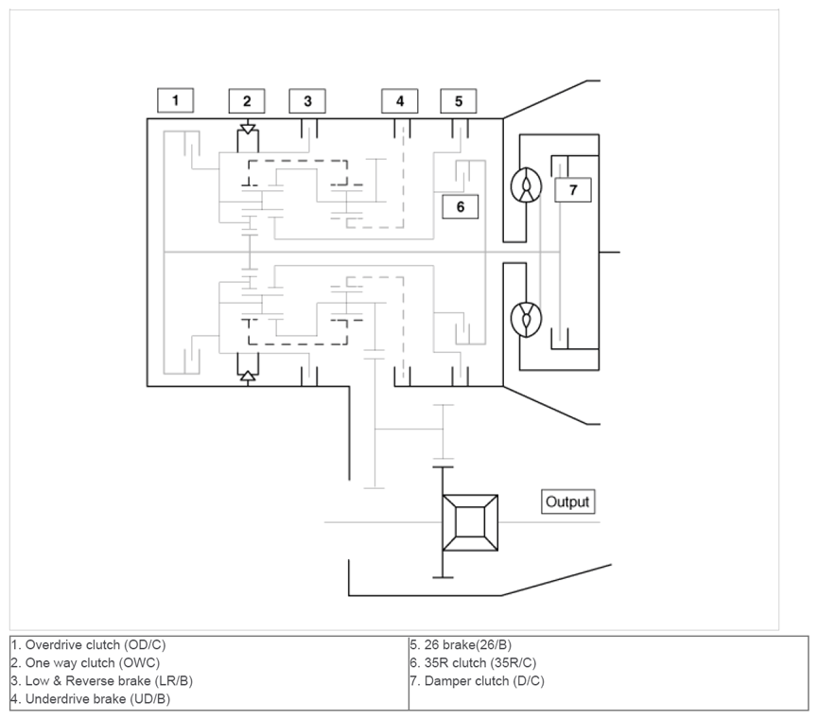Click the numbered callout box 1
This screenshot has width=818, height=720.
click(x=175, y=100)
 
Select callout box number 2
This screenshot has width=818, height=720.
click(x=247, y=101)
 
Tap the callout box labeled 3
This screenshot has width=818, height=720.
click(x=307, y=101)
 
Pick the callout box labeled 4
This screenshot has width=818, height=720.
click(x=400, y=101)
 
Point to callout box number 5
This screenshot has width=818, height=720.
click(x=459, y=101)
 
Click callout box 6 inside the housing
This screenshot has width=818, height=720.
click(x=461, y=207)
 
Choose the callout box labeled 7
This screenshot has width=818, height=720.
click(x=573, y=189)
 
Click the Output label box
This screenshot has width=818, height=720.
click(x=567, y=501)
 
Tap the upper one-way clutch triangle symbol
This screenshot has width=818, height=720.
click(x=249, y=129)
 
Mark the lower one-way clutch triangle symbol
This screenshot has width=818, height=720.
click(x=249, y=376)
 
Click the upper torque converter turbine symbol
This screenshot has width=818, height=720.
click(x=526, y=185)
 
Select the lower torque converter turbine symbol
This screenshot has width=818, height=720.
click(x=526, y=319)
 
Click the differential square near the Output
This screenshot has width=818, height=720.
click(x=470, y=522)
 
